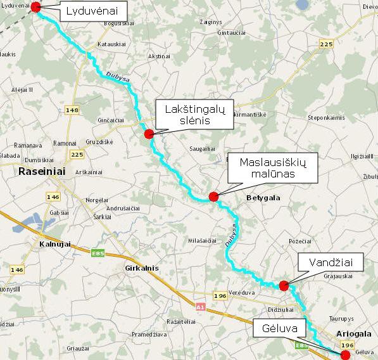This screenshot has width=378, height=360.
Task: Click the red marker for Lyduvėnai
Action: click(x=35, y=7)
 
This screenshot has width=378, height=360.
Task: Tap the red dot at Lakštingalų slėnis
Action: click(x=149, y=134)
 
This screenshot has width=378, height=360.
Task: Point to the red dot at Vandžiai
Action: click(x=284, y=285)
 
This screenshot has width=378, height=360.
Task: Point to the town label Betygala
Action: click(x=263, y=198)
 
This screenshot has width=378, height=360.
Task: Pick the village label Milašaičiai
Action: click(x=203, y=240)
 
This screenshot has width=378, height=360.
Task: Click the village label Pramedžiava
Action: click(x=149, y=334)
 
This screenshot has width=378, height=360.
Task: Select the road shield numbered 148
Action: click(x=72, y=110)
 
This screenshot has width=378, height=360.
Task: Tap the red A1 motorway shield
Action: click(x=200, y=307)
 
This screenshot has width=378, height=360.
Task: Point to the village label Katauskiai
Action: click(x=111, y=44)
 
